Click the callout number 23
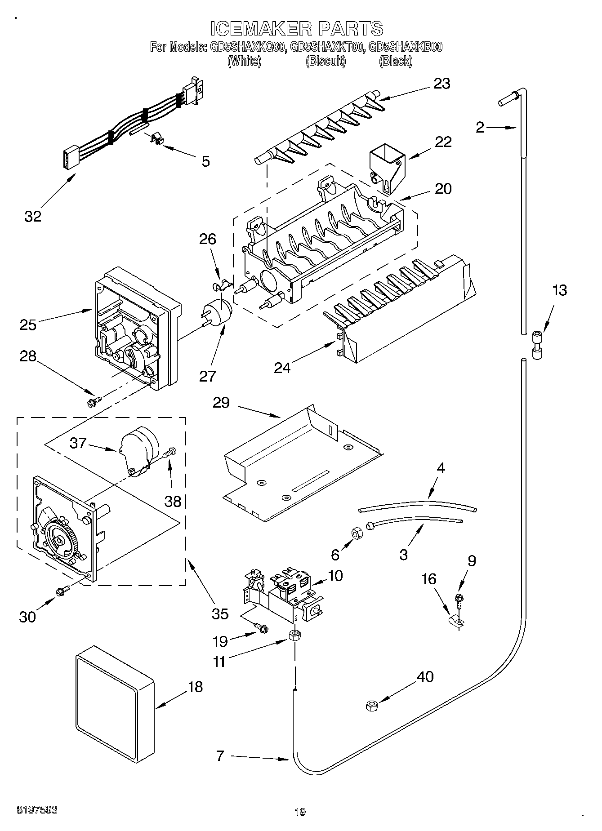point(441,84)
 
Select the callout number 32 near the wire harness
point(33,216)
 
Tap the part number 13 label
point(559,290)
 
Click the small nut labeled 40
point(371,706)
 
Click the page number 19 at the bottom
point(300,812)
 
